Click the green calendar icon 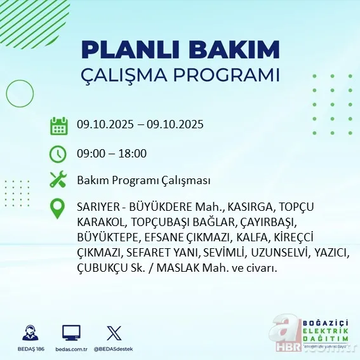(59, 126)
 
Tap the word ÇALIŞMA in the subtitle (130, 75)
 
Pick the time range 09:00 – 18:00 (111, 154)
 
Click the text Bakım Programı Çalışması (143, 180)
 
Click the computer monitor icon (71, 333)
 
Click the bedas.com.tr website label (71, 350)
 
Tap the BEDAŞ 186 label (29, 350)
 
